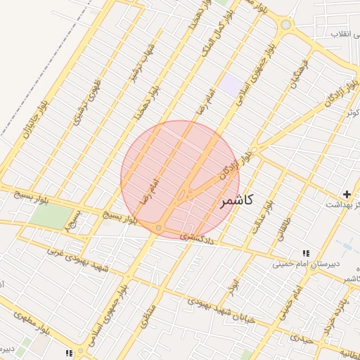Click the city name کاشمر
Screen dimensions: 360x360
click(236, 201)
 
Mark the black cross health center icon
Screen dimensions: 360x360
click(346, 193)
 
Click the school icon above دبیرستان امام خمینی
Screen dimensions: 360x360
click(305, 253)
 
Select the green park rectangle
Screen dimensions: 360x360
click(51, 217)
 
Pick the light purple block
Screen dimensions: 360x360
click(231, 86)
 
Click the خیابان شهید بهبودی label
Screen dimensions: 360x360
click(217, 309)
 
